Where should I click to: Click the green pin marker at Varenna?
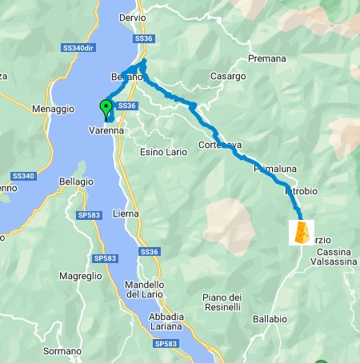[106, 109]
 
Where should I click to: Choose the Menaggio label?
[53, 109]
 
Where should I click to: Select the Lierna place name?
[126, 214]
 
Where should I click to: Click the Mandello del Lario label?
[145, 290]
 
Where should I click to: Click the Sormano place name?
[62, 350]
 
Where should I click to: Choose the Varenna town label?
[105, 130]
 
